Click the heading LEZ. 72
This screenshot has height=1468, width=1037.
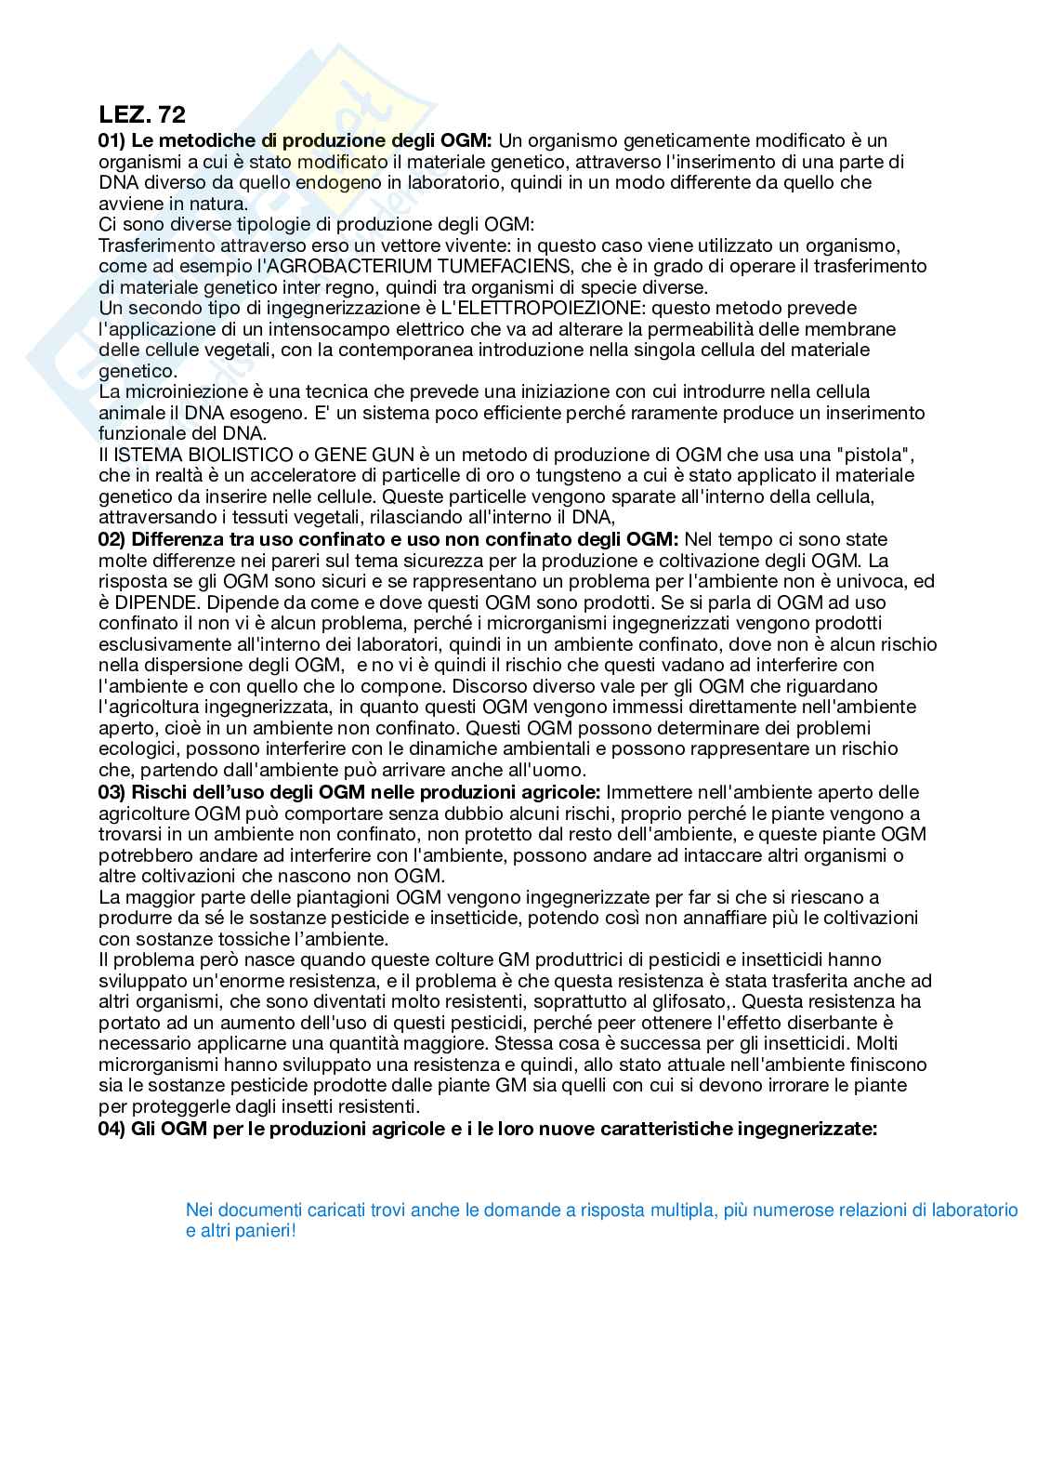(x=142, y=114)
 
